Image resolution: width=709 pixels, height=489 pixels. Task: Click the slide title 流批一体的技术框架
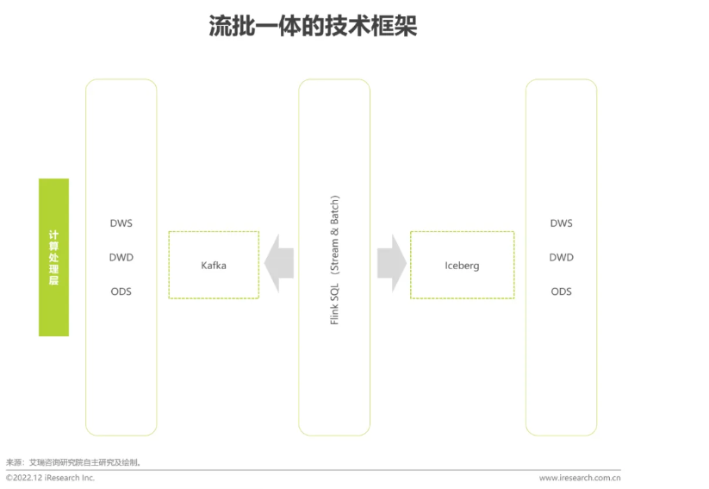point(313,27)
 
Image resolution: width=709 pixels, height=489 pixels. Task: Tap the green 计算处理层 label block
point(53,257)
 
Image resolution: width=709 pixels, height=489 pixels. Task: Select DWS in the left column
point(121,223)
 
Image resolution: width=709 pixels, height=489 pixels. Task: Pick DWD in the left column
point(121,257)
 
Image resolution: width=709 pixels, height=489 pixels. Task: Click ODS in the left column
point(121,292)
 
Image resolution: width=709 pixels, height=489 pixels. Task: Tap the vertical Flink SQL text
point(334,304)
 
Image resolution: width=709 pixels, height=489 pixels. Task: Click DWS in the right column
point(561,223)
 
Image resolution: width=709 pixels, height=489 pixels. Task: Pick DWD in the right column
point(561,257)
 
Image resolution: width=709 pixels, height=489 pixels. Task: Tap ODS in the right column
point(561,292)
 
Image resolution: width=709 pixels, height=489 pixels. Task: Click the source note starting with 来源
point(73,462)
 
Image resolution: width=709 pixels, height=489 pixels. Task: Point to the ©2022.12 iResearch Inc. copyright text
point(50,478)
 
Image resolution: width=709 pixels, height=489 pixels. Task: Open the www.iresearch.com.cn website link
point(580,478)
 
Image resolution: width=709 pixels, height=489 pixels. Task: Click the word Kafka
point(214,265)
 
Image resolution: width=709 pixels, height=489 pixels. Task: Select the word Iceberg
point(462,265)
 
